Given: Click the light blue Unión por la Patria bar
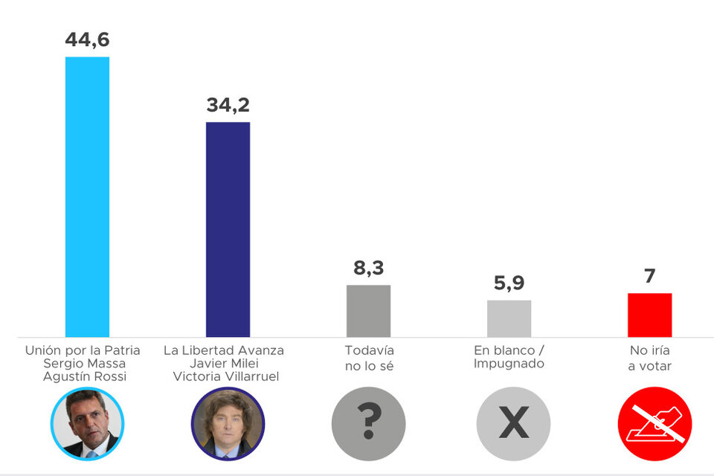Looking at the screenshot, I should (87, 197).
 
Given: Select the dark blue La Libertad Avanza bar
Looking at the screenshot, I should (228, 229).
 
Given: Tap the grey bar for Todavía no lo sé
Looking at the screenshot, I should (368, 311).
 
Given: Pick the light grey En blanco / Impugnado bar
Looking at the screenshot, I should (509, 318).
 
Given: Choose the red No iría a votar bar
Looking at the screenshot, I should (649, 315).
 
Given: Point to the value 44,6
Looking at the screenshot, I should (87, 40).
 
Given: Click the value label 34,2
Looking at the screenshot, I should (228, 105).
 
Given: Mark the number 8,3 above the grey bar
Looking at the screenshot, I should (368, 268).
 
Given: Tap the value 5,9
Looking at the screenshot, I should (509, 283).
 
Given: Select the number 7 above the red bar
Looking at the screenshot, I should (649, 276).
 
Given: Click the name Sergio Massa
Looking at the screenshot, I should (85, 363).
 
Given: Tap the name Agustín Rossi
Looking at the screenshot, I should (85, 376).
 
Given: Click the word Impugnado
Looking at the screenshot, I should (509, 364).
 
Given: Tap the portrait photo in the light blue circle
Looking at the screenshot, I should (87, 424).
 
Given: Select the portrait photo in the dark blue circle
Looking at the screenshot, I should (228, 424).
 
